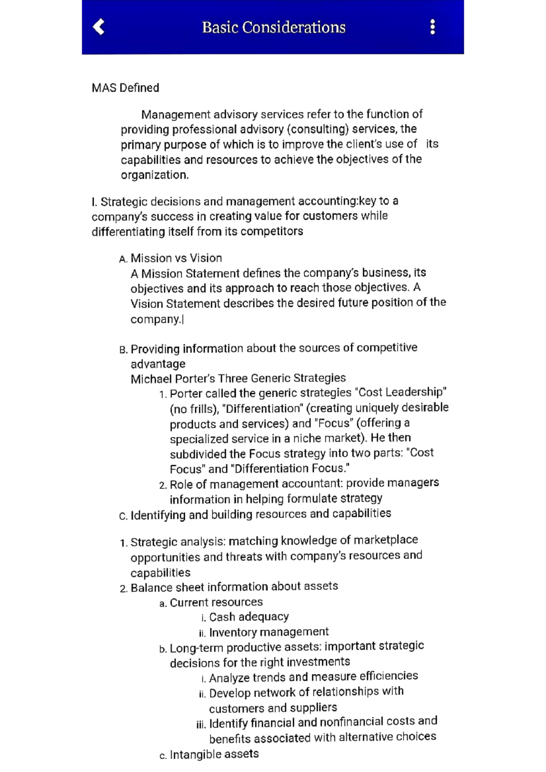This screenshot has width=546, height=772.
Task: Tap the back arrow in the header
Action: pyautogui.click(x=99, y=27)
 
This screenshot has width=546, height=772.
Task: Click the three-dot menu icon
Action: pyautogui.click(x=432, y=27)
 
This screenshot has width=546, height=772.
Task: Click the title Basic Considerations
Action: pyautogui.click(x=273, y=27)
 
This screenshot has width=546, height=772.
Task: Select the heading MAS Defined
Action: pyautogui.click(x=125, y=88)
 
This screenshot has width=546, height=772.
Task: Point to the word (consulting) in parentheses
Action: pyautogui.click(x=318, y=129)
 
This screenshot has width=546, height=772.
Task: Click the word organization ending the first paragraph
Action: pyautogui.click(x=154, y=175)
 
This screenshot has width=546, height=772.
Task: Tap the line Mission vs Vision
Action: pyautogui.click(x=176, y=258)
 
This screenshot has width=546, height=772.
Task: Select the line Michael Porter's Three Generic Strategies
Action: pyautogui.click(x=238, y=378)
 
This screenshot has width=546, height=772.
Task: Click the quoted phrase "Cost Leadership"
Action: pyautogui.click(x=400, y=392)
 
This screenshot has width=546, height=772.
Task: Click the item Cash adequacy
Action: pyautogui.click(x=248, y=617)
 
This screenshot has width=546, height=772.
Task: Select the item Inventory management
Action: pyautogui.click(x=268, y=632)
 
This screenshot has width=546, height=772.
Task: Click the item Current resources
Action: pyautogui.click(x=216, y=602)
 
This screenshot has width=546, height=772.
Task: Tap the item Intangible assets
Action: pyautogui.click(x=214, y=755)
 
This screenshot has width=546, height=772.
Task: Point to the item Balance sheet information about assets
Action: pyautogui.click(x=234, y=587)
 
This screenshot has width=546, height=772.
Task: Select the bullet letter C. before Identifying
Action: pyautogui.click(x=123, y=516)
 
